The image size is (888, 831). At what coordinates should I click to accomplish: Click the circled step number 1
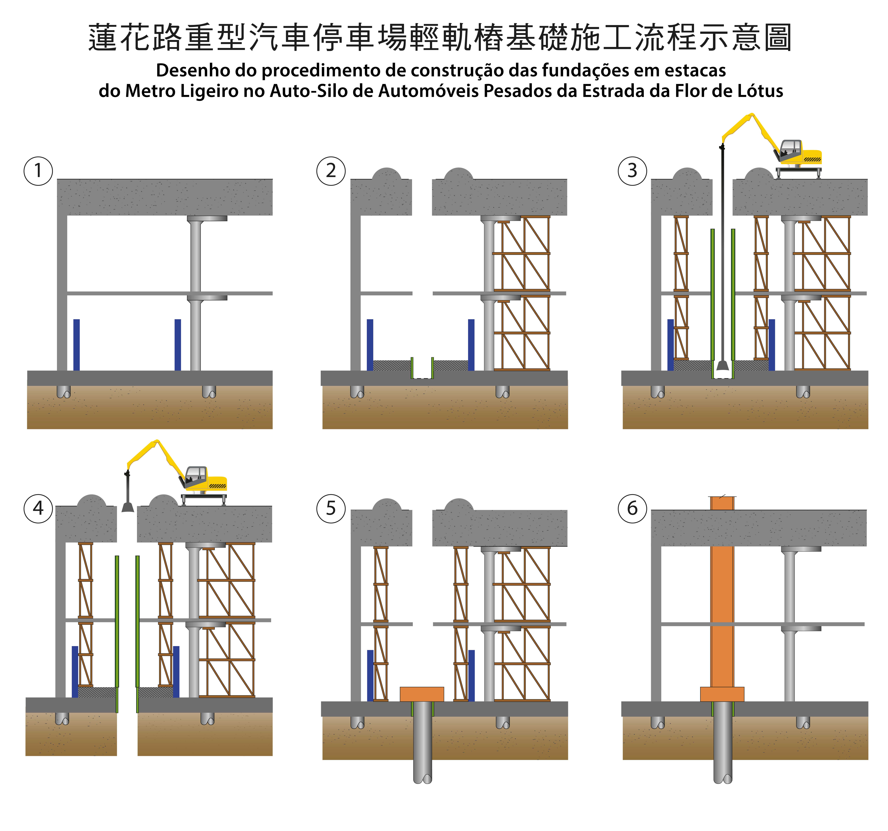38,171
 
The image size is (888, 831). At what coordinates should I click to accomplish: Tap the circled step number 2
331,171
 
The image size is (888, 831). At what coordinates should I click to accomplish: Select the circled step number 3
632,171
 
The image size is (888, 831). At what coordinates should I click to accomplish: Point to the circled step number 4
38,508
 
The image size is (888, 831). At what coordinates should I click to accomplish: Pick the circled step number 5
331,508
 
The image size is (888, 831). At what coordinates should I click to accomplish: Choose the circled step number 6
632,508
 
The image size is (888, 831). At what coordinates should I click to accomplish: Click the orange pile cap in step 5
422,694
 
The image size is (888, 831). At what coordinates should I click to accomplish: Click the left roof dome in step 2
387,174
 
